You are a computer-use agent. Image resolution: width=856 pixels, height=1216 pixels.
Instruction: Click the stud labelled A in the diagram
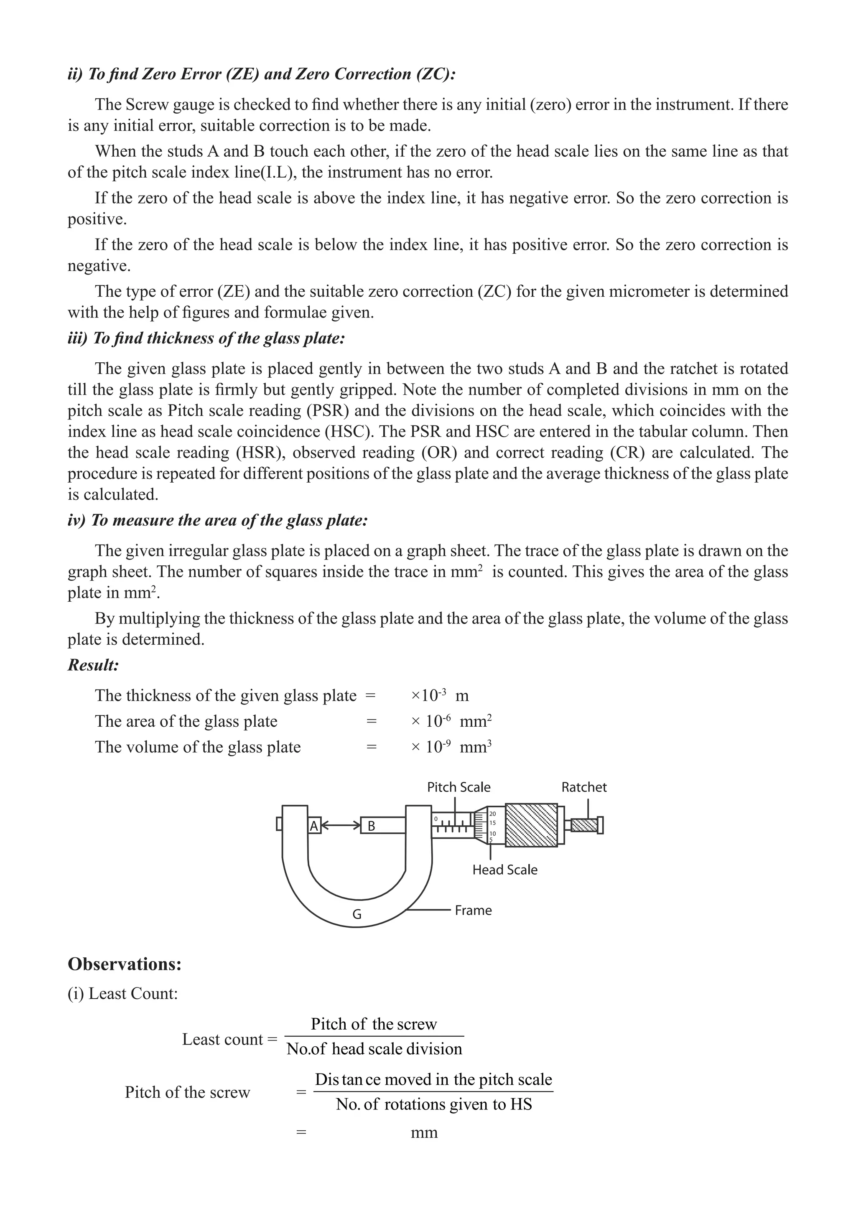[x=314, y=826]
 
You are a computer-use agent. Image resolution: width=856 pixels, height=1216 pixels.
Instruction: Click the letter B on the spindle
[x=371, y=826]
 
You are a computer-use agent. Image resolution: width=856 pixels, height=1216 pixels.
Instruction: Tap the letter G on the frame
[x=357, y=914]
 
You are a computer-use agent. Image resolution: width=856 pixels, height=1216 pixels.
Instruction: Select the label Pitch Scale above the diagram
[x=459, y=787]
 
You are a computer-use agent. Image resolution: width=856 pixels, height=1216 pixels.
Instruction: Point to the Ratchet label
[x=584, y=787]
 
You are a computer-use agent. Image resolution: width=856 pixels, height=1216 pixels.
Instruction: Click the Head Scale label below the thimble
[x=505, y=870]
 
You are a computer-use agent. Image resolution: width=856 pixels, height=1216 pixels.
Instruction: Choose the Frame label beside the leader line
[x=473, y=911]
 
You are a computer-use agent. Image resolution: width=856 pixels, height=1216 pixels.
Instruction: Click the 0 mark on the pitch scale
[x=436, y=819]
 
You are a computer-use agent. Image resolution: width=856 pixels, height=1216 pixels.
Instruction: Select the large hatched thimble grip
[x=531, y=825]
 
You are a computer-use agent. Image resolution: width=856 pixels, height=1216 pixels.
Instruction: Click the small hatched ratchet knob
[x=584, y=825]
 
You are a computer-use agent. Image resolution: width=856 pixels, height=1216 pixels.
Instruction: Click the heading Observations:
[x=125, y=964]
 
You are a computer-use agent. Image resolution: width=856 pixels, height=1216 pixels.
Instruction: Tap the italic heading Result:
[x=93, y=665]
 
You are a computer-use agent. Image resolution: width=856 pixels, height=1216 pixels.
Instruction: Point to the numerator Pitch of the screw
[x=374, y=1024]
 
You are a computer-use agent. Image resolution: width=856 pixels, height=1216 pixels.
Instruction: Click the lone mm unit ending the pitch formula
[x=424, y=1132]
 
